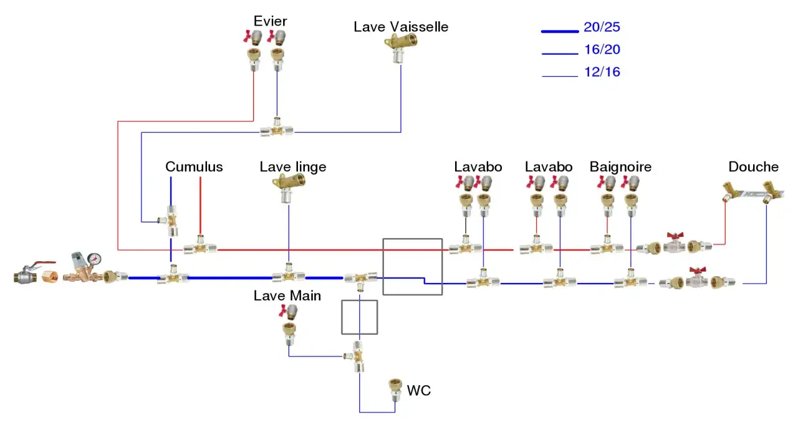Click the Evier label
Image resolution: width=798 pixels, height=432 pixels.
pos(270,21)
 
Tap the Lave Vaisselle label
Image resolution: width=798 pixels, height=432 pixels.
pos(401,27)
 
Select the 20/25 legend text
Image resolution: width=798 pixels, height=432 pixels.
pos(602,27)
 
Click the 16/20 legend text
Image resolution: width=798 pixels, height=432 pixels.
pos(602,49)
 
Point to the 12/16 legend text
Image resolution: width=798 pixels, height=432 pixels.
pos(602,72)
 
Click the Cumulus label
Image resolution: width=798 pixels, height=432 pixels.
pos(194,166)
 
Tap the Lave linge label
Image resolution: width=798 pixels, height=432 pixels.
pos(293,166)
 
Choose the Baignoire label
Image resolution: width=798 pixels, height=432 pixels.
pos(620,166)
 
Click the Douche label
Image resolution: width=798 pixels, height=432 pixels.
pos(753,166)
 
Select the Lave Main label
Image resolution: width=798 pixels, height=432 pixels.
pos(287,295)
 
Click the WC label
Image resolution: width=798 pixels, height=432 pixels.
pos(418,391)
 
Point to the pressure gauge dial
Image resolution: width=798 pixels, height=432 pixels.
pos(94,259)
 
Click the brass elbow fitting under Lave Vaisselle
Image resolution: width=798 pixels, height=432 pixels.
pos(400,47)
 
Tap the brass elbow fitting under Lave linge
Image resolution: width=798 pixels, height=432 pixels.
pos(289,188)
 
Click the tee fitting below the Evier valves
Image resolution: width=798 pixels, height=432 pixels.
pos(277,128)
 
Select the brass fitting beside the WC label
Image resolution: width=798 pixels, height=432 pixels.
pos(395,390)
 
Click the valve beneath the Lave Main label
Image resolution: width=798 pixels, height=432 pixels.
pos(288,312)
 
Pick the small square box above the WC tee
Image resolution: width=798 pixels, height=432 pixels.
pos(360,317)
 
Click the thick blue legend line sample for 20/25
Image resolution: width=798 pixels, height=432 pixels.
pos(560,31)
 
